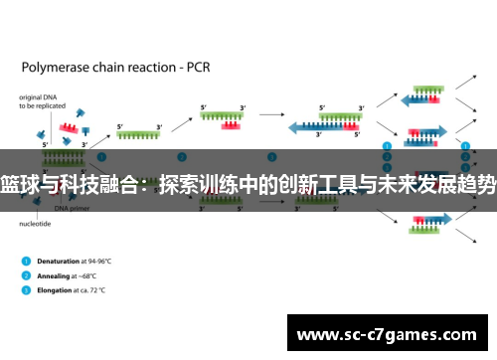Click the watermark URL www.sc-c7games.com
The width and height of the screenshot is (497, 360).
[x=390, y=333]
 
